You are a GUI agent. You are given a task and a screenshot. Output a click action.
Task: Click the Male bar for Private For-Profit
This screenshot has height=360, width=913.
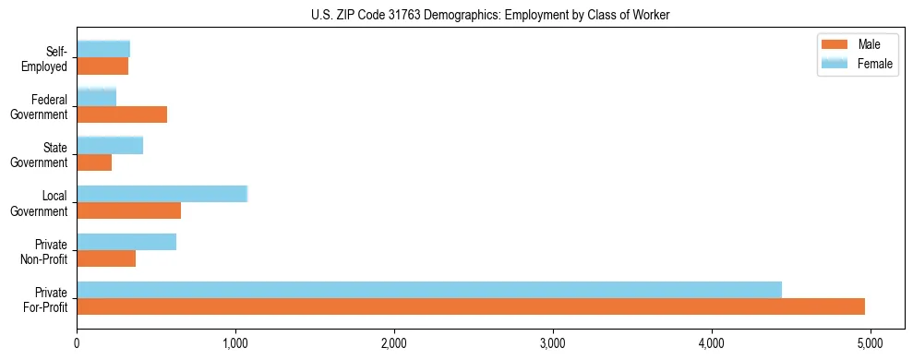click(471, 306)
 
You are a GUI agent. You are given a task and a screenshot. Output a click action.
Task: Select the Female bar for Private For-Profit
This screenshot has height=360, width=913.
click(429, 290)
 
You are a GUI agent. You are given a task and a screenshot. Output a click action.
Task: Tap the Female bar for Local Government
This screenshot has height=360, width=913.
click(162, 194)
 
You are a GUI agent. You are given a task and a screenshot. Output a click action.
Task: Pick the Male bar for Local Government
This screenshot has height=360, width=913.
click(128, 210)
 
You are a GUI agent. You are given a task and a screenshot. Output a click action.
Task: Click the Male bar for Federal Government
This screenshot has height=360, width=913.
click(122, 114)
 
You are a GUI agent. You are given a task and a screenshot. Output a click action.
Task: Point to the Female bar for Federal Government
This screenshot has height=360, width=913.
click(97, 98)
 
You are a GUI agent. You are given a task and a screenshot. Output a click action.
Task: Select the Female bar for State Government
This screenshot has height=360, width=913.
click(110, 146)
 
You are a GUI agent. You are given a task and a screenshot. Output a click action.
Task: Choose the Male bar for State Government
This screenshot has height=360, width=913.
click(94, 162)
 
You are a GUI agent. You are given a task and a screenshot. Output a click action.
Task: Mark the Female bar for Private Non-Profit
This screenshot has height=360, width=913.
click(126, 242)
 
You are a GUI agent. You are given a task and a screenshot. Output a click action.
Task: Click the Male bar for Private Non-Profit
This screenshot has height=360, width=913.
click(106, 258)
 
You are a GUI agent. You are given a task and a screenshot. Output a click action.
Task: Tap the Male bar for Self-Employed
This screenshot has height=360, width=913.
click(102, 66)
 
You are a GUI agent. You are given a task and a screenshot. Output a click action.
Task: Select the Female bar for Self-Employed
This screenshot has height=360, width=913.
click(103, 50)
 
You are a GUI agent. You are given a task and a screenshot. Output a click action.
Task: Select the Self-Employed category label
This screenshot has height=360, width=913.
click(46, 58)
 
